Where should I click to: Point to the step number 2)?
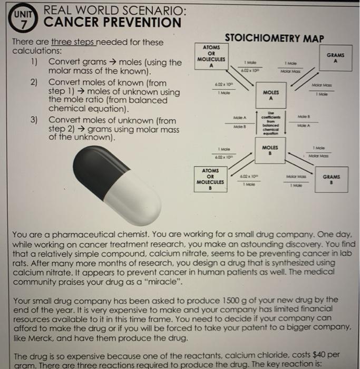pyautogui.click(x=37, y=83)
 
